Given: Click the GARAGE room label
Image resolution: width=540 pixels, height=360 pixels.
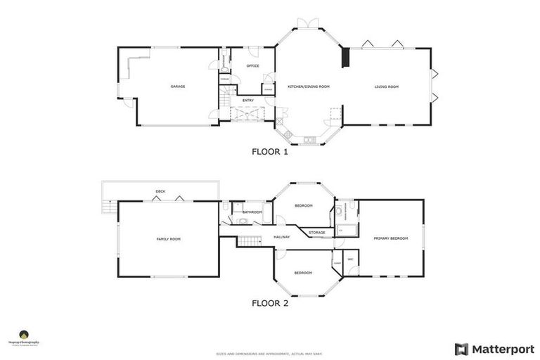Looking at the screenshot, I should pos(177,86).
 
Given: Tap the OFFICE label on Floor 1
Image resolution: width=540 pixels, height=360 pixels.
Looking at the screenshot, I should pos(252,66).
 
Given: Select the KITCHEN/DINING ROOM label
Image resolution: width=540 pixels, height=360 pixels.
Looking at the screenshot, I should pos(308,86).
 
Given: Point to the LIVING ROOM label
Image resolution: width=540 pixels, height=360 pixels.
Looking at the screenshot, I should pos(386,86).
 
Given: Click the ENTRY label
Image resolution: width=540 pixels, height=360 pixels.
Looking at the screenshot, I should pos(248,101).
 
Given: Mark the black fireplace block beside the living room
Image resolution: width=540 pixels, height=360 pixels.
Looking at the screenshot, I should pos(345,58).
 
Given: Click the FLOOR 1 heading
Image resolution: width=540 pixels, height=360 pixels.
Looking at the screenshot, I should pos(270,150).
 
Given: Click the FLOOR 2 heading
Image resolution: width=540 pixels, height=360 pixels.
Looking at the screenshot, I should pos(270,304).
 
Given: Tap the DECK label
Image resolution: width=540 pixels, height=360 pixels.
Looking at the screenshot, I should pos(160,191).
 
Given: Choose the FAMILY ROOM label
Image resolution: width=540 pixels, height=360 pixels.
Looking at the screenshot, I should pos(168,239).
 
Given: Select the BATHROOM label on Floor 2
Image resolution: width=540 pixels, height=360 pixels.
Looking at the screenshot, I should pos(252,212).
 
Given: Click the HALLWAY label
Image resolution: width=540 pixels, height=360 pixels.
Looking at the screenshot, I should pos(281,237).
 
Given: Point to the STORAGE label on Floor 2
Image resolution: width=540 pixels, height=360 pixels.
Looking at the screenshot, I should pos(316,232).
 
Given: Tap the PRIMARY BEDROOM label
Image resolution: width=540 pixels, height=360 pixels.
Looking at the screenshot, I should pos(390,238).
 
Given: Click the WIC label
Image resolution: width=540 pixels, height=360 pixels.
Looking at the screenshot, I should pos(350,259).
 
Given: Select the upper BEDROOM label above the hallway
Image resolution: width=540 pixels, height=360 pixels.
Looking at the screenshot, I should pos(303,205).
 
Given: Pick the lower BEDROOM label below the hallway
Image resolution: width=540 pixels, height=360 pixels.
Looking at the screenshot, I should pos(303,273).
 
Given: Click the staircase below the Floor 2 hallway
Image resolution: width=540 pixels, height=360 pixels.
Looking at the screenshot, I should pos(247,242).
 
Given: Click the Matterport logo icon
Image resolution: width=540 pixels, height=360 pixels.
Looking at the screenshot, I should pos(461,349).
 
